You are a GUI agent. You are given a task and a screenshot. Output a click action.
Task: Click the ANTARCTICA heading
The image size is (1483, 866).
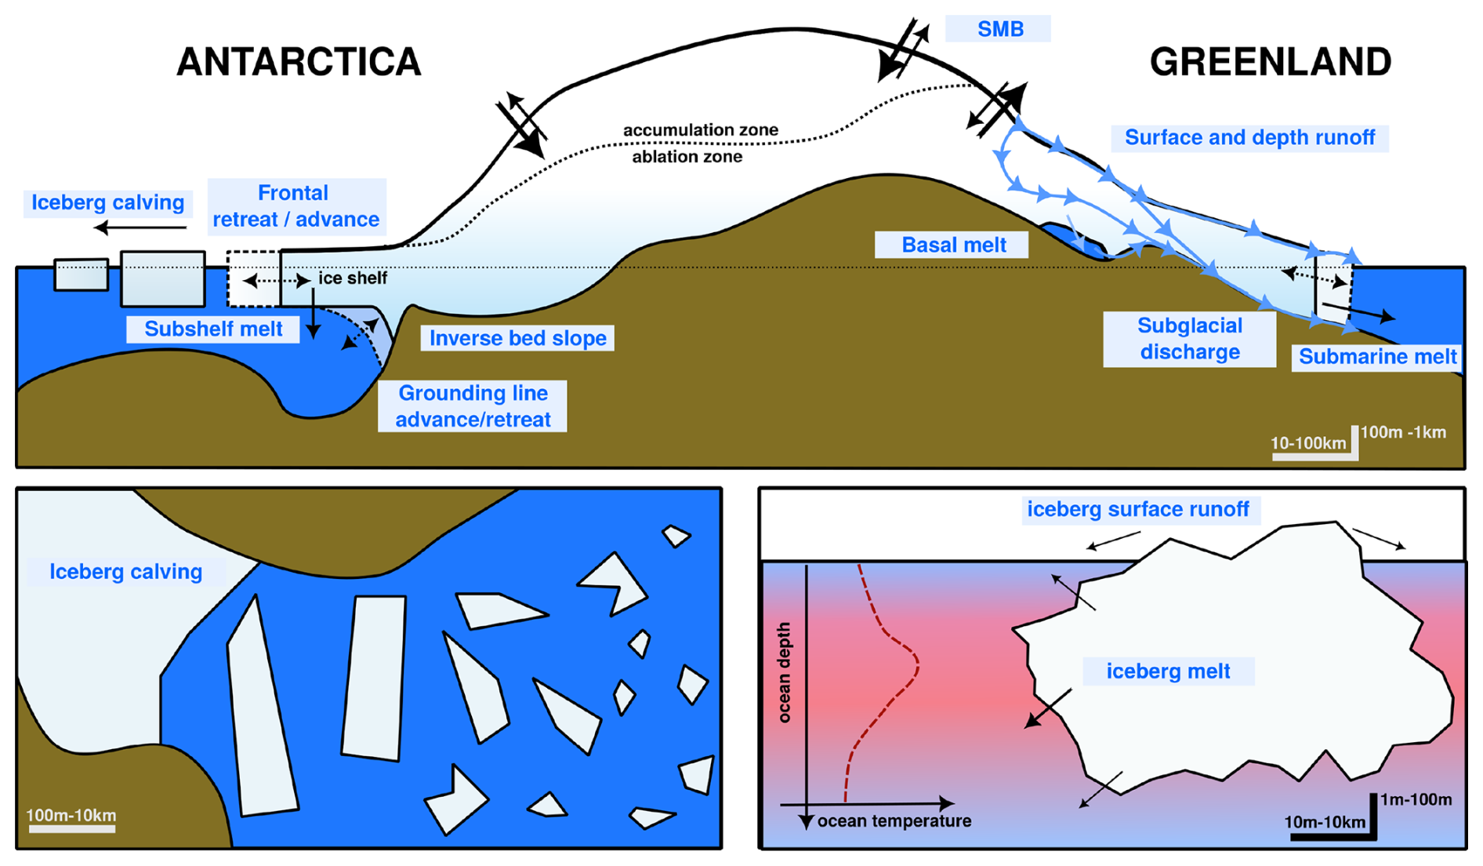tap(299, 62)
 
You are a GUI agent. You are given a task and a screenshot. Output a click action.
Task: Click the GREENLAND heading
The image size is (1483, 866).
tap(1270, 62)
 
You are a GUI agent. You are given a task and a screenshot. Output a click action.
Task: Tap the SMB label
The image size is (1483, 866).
tap(999, 29)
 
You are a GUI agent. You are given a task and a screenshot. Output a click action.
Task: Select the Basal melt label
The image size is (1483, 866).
tap(953, 245)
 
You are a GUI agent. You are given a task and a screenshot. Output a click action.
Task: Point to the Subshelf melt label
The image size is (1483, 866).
tap(213, 329)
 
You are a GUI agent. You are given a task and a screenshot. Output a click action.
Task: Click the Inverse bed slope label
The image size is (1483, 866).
tap(517, 338)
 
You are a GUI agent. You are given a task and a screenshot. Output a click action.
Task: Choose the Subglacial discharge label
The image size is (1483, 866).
tap(1189, 339)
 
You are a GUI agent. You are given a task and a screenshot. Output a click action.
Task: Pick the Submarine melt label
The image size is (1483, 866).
tap(1376, 357)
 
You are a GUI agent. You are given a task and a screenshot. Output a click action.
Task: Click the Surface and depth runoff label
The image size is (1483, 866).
tap(1249, 138)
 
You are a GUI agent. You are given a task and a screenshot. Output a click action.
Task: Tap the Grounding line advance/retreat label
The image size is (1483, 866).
tap(473, 406)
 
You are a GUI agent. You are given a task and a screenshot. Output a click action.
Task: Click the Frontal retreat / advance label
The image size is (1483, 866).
tap(296, 206)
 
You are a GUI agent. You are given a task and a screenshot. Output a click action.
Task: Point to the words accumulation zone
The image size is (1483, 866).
tap(700, 130)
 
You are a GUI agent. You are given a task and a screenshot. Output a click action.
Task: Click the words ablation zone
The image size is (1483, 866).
tap(687, 157)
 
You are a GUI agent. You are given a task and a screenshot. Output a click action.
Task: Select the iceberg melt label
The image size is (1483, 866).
tap(1168, 671)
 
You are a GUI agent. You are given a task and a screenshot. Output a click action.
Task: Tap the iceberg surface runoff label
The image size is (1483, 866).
tap(1137, 510)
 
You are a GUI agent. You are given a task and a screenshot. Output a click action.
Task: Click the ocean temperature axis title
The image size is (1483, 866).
tap(894, 821)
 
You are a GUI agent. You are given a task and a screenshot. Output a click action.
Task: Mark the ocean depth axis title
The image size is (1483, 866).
tap(784, 672)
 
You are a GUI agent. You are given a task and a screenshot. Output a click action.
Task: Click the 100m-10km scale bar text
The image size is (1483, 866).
tap(71, 815)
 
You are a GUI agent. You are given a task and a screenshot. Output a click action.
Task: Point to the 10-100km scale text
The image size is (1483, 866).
tap(1307, 443)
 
